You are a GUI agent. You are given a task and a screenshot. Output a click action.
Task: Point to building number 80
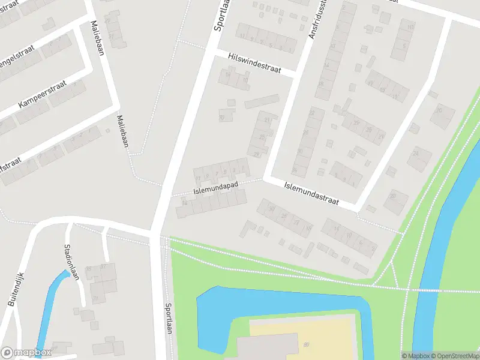click(306, 344)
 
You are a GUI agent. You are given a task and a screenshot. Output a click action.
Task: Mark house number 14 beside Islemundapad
click(184, 203)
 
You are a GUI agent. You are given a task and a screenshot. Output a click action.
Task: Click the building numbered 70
click(222, 118)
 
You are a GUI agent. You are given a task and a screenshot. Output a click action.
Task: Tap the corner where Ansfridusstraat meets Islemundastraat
click(266, 179)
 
